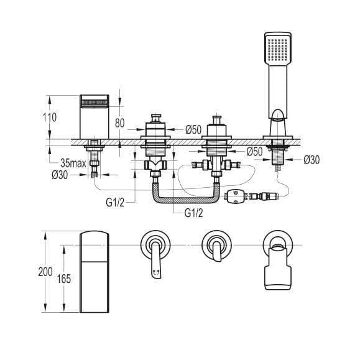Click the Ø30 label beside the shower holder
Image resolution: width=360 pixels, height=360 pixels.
click(x=312, y=160)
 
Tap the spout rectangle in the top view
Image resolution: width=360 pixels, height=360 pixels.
click(x=95, y=271)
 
